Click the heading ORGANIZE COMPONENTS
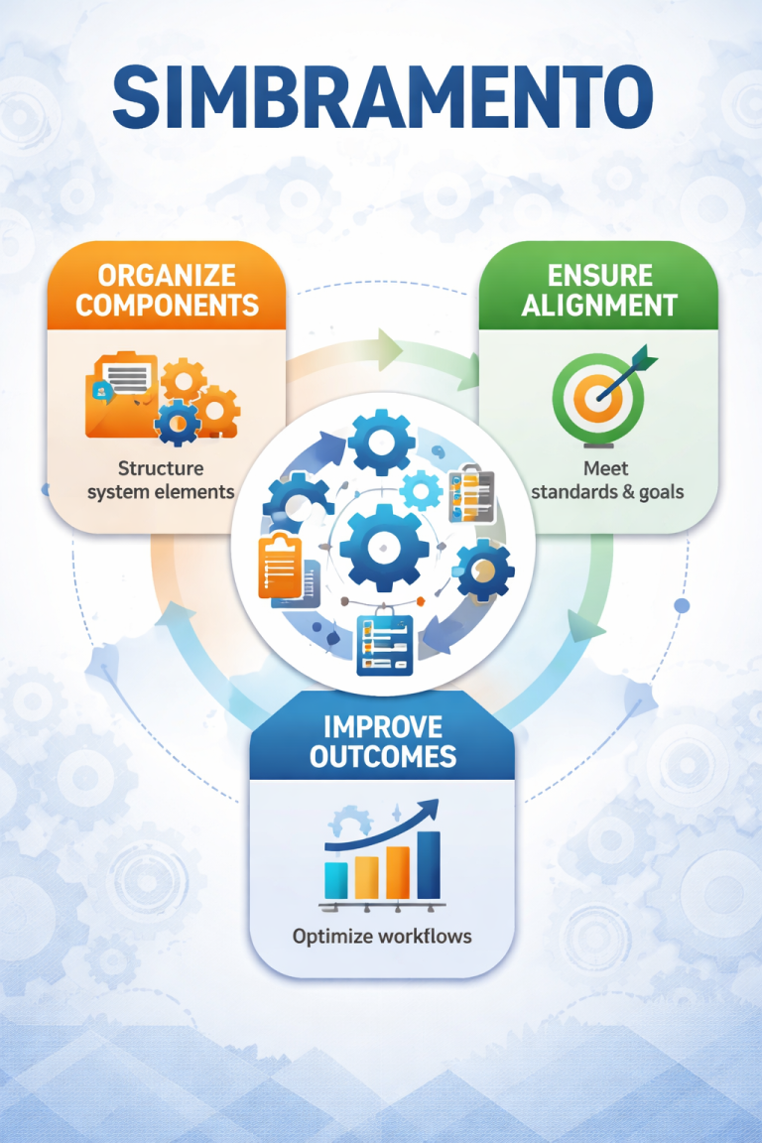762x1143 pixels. [x=167, y=289]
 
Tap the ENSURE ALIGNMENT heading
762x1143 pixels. [x=599, y=289]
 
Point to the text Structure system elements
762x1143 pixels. [x=161, y=479]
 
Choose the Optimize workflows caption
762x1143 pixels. [x=382, y=936]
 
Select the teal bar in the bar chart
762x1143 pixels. [x=336, y=879]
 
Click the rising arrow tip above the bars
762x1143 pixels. [x=435, y=805]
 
